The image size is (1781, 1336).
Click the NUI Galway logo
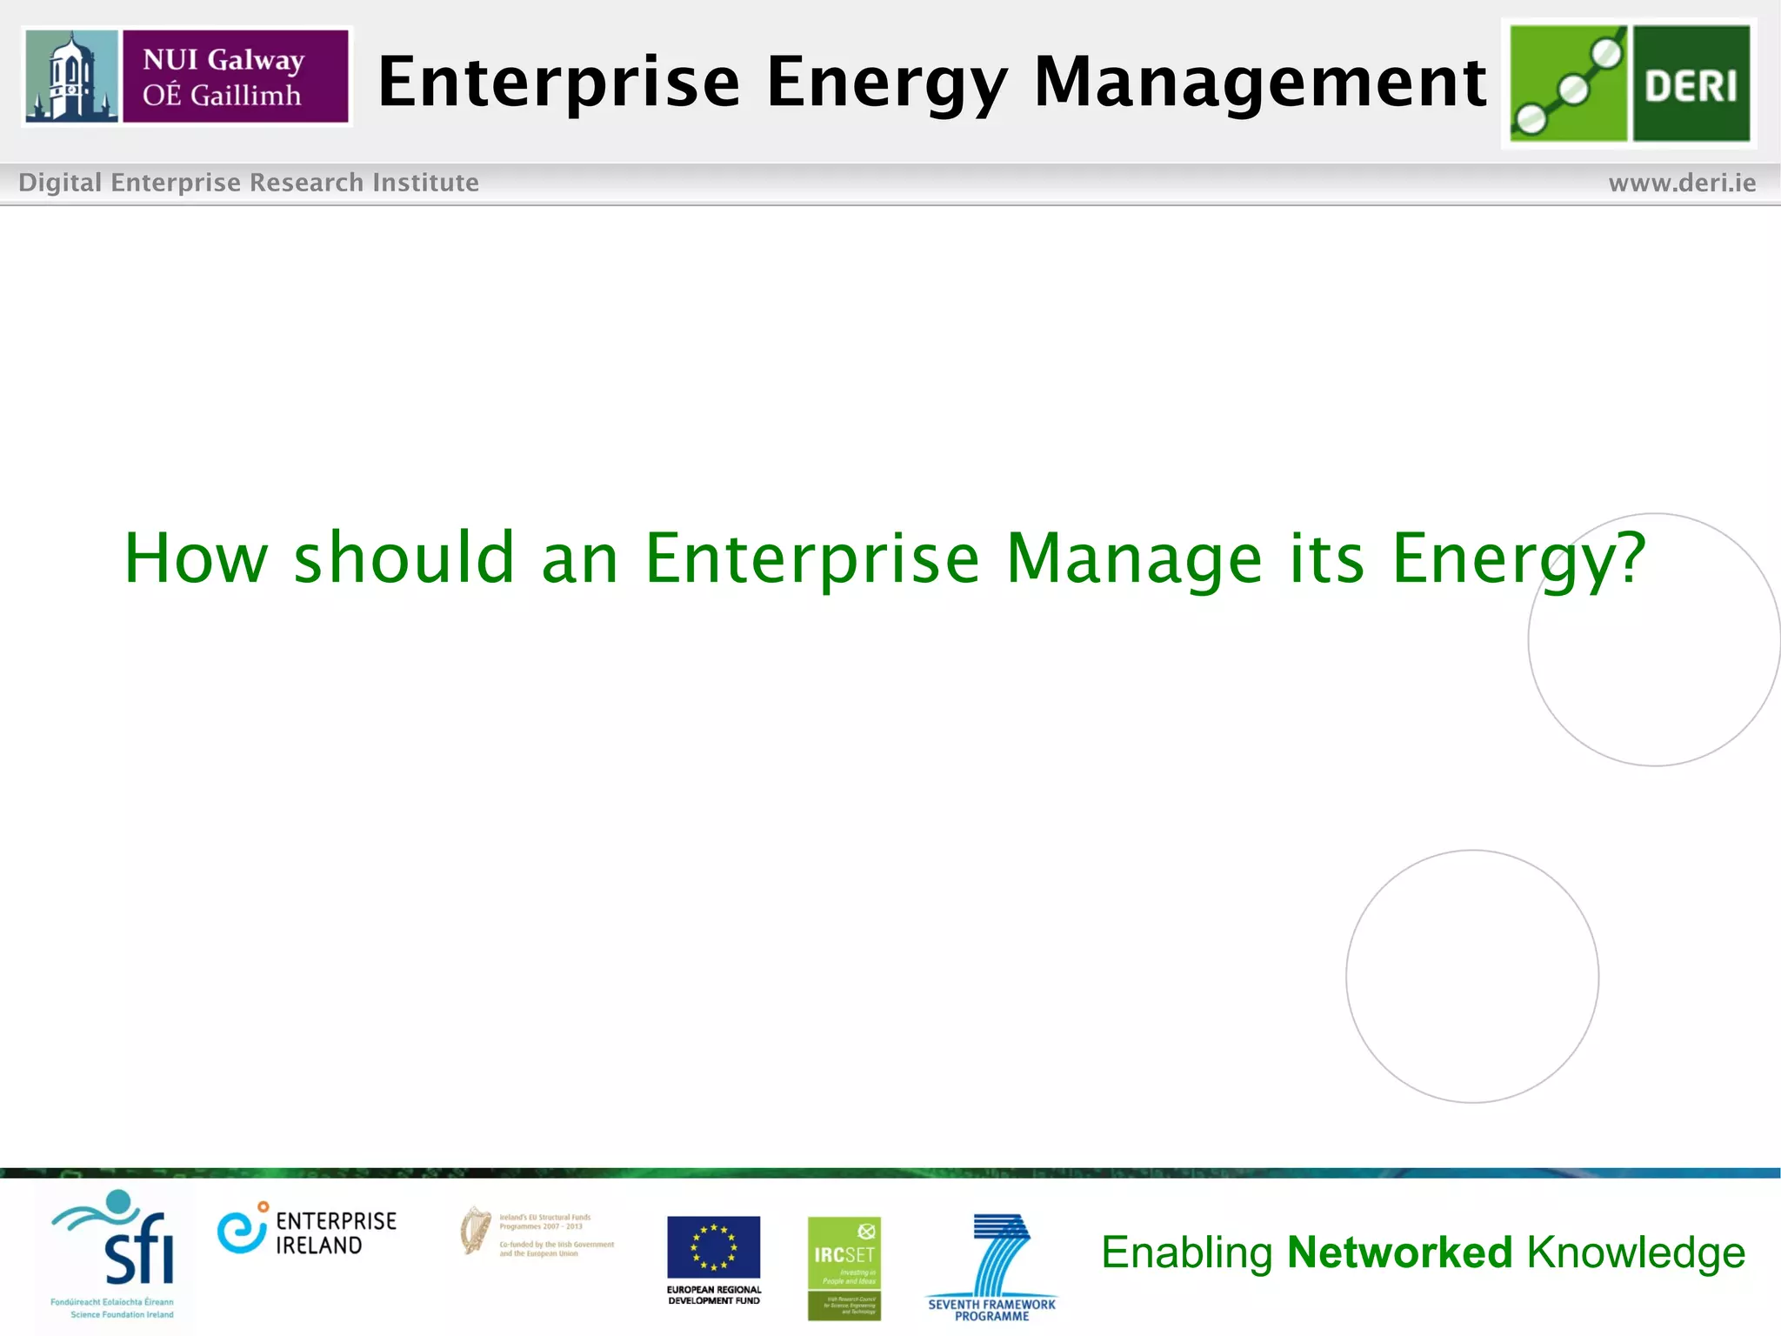[x=187, y=77]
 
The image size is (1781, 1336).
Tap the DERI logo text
[x=1691, y=85]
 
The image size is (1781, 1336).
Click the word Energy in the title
[x=888, y=83]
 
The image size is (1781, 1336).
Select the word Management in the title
[x=1260, y=83]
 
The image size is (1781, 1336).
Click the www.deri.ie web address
[x=1682, y=183]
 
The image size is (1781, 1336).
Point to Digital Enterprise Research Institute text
[x=249, y=183]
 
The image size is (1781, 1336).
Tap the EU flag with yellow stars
[x=713, y=1247]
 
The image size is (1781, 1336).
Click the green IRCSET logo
[x=844, y=1267]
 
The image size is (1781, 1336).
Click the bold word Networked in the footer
[x=1399, y=1252]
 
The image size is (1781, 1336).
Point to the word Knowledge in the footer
[x=1636, y=1252]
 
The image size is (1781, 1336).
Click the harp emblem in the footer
[x=475, y=1230]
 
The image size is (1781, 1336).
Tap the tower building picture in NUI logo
[x=71, y=77]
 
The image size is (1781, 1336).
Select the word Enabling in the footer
[x=1186, y=1252]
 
